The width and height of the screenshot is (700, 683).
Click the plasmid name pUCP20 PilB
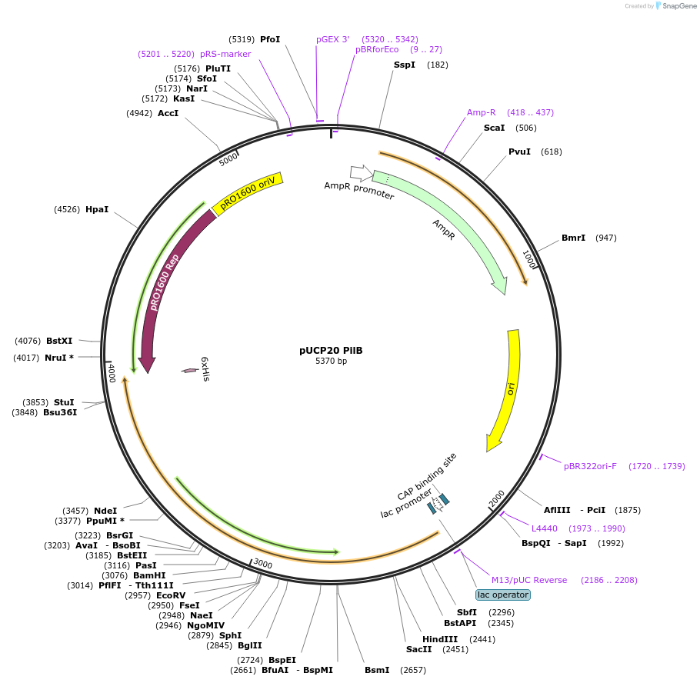pyautogui.click(x=331, y=351)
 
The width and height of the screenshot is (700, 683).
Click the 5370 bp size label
pyautogui.click(x=331, y=361)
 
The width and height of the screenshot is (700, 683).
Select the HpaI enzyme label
pyautogui.click(x=97, y=209)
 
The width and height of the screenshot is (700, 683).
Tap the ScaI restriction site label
pyautogui.click(x=494, y=128)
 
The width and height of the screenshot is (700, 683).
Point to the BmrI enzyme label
pyautogui.click(x=573, y=238)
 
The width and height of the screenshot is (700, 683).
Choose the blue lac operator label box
pyautogui.click(x=503, y=595)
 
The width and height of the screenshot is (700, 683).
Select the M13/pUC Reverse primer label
pyautogui.click(x=529, y=580)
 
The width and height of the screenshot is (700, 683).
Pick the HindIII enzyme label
pyautogui.click(x=440, y=639)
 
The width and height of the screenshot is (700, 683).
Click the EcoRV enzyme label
pyautogui.click(x=171, y=595)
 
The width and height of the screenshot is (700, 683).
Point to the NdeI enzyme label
pyautogui.click(x=105, y=510)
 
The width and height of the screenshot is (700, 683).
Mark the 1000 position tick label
pyautogui.click(x=529, y=258)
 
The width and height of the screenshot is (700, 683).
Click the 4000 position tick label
pyautogui.click(x=112, y=374)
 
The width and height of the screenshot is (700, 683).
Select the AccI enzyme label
pyautogui.click(x=168, y=113)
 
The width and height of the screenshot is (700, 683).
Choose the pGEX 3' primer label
pyautogui.click(x=332, y=39)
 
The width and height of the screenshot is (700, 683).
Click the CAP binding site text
pyautogui.click(x=426, y=476)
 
